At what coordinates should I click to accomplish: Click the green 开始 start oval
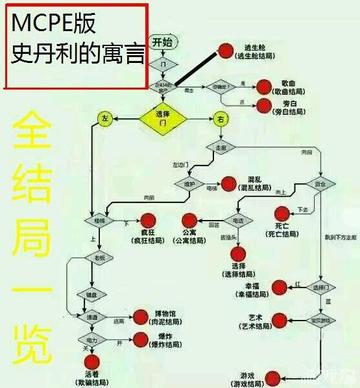click(x=162, y=43)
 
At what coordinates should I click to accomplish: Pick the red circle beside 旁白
click(x=264, y=106)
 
